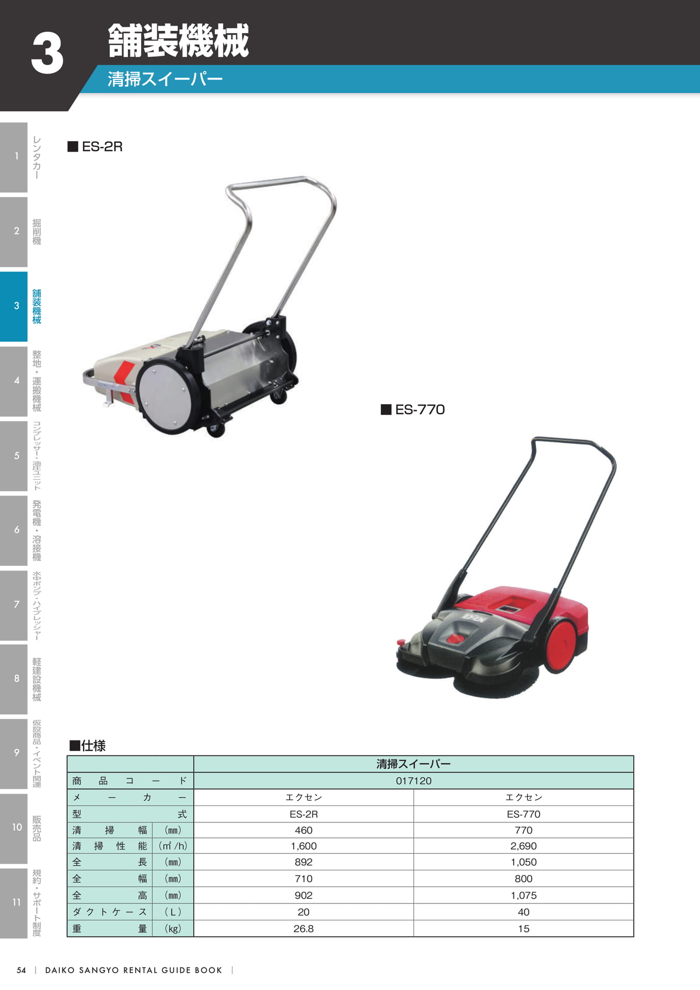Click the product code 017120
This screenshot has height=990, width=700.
(x=413, y=781)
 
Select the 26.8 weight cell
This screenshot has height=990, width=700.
(x=304, y=929)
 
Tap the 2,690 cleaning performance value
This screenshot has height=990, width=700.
(x=523, y=846)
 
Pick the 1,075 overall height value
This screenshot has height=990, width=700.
(x=523, y=895)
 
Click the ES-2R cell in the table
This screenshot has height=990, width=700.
(x=304, y=814)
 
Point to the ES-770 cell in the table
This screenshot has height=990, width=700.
(x=523, y=814)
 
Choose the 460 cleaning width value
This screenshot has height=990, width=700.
(x=304, y=830)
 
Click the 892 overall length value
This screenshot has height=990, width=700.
(x=304, y=862)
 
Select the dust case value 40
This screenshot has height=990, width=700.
(x=523, y=912)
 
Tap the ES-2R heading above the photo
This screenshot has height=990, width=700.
(x=102, y=146)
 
